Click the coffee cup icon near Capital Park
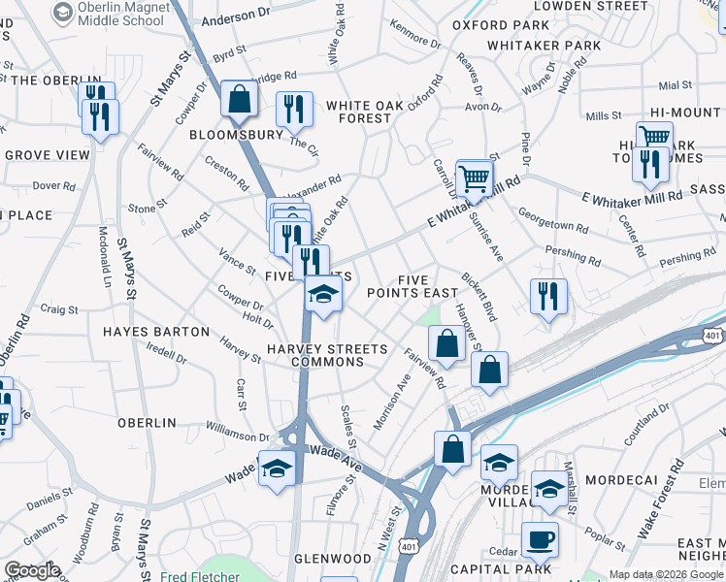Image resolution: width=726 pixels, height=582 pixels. point(540,539)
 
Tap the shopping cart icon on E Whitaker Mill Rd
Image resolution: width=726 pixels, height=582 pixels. point(474,178)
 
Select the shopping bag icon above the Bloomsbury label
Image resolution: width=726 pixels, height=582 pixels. point(238,99)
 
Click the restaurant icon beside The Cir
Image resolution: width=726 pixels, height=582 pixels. point(293,110)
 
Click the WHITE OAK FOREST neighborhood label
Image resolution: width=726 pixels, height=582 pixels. point(358,112)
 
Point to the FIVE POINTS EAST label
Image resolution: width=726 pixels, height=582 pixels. point(412,286)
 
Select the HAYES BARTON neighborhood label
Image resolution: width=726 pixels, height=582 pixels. point(156,332)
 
